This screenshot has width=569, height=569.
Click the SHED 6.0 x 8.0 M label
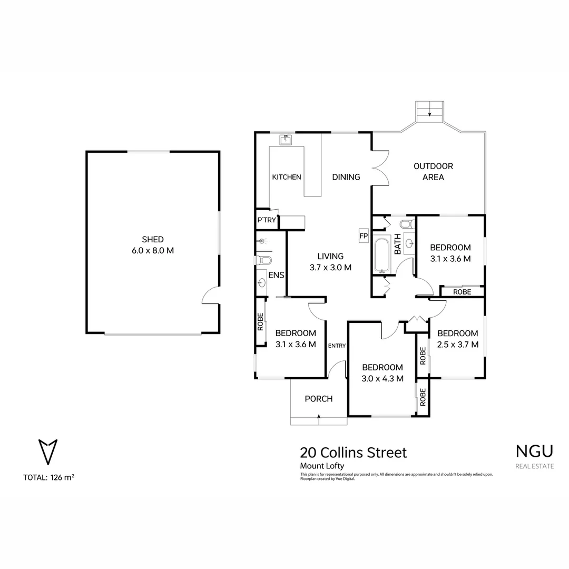click(x=153, y=245)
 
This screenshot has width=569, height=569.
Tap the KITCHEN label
click(x=286, y=177)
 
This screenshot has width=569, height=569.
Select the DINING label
click(x=346, y=177)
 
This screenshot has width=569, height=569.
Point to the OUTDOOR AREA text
click(x=433, y=172)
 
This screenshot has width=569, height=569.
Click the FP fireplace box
click(x=363, y=236)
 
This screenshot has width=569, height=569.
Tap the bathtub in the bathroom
click(x=382, y=256)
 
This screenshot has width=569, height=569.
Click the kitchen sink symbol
click(x=286, y=140)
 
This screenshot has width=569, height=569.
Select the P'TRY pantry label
click(x=266, y=220)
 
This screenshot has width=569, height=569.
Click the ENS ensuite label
click(x=276, y=275)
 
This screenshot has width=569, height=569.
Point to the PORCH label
click(x=319, y=399)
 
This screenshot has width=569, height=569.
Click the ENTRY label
click(x=337, y=346)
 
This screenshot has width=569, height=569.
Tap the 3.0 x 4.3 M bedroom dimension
click(x=382, y=378)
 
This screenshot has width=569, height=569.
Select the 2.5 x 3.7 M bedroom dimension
click(x=457, y=345)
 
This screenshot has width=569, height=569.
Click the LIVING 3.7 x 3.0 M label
click(x=330, y=262)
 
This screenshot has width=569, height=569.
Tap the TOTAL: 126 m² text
click(x=48, y=478)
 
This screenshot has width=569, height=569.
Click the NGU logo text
click(x=534, y=451)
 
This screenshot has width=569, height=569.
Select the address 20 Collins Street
click(x=353, y=453)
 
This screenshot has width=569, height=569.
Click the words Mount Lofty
click(x=322, y=466)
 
